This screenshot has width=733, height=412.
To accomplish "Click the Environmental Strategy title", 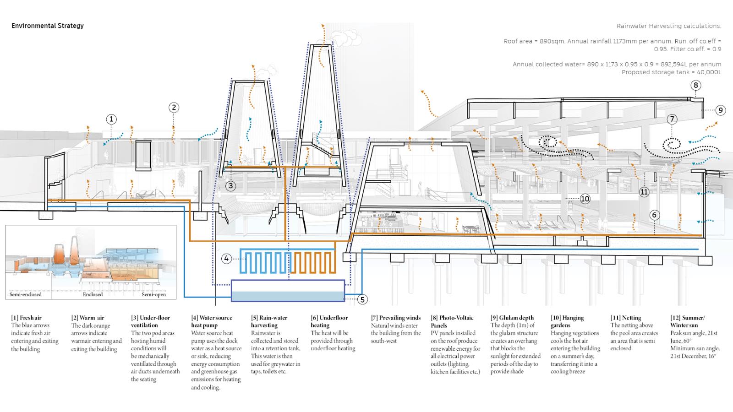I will pos(48,26).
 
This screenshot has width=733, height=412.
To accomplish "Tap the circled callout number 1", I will pos(111,119).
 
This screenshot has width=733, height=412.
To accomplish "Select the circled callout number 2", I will pos(174,108).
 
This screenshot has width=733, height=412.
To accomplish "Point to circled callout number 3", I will pos(230,186).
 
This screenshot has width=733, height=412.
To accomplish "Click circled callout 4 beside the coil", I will pos(226,259).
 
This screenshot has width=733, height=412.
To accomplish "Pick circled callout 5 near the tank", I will pos(362,299).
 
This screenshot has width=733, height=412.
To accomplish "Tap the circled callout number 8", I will pos(696,85).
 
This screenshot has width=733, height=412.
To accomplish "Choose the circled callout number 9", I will pos(720,110).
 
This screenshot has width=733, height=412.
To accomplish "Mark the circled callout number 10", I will pos(585,199).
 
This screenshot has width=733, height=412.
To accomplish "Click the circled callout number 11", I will pos(644,192).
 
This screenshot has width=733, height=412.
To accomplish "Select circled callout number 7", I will pos(672,119).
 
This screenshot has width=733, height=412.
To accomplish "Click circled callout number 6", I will pos(654,215).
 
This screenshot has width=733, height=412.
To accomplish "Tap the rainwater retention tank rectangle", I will pos(287,291).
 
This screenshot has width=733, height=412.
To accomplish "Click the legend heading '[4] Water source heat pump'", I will pos(212,321).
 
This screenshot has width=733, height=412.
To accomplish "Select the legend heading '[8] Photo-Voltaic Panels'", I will pos(452,321).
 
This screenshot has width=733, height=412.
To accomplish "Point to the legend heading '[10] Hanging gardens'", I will pos(567,321).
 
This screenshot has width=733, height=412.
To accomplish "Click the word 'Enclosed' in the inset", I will pos(93,294).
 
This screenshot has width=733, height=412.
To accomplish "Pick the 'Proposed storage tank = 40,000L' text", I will pos(671,72).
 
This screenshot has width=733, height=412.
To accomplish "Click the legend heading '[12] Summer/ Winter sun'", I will pos(688,321).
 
